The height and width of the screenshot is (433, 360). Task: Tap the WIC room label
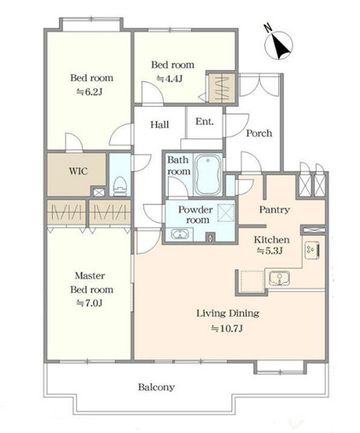click(x=78, y=172)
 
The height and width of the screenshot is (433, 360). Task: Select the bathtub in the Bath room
click(x=208, y=174)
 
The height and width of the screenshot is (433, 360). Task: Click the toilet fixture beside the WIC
click(x=119, y=186)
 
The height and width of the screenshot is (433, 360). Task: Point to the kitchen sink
click(x=280, y=278)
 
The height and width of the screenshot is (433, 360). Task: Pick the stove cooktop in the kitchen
click(x=312, y=250)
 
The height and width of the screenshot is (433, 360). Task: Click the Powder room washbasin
click(x=180, y=235)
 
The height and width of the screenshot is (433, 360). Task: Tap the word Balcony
click(x=156, y=387)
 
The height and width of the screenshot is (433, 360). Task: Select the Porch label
click(x=258, y=133)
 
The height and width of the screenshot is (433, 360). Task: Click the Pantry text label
click(x=275, y=210)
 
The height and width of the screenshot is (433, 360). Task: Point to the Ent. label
click(x=205, y=121)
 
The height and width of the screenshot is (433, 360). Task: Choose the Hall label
click(x=160, y=125)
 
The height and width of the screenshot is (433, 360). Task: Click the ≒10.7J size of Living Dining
click(x=227, y=329)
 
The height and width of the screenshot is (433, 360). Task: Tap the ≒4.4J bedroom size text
click(x=170, y=79)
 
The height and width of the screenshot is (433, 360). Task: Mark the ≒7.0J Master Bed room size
click(x=90, y=303)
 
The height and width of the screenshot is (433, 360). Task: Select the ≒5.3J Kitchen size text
click(x=270, y=251)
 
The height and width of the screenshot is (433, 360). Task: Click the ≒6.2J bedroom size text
click(x=90, y=92)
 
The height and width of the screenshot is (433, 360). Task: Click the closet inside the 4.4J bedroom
click(x=222, y=87)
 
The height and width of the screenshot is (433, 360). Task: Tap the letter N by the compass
click(x=268, y=28)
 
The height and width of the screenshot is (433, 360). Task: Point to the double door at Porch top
click(x=259, y=85)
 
